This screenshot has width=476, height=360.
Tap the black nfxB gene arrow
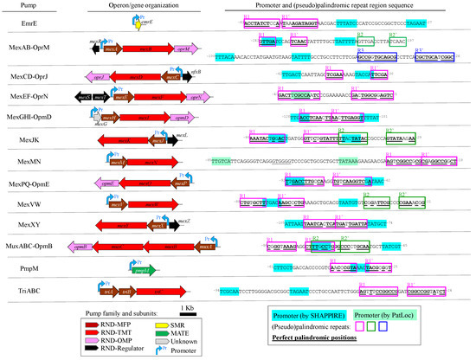click(x=195, y=76)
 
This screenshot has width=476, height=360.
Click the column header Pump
click(x=16, y=5)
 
